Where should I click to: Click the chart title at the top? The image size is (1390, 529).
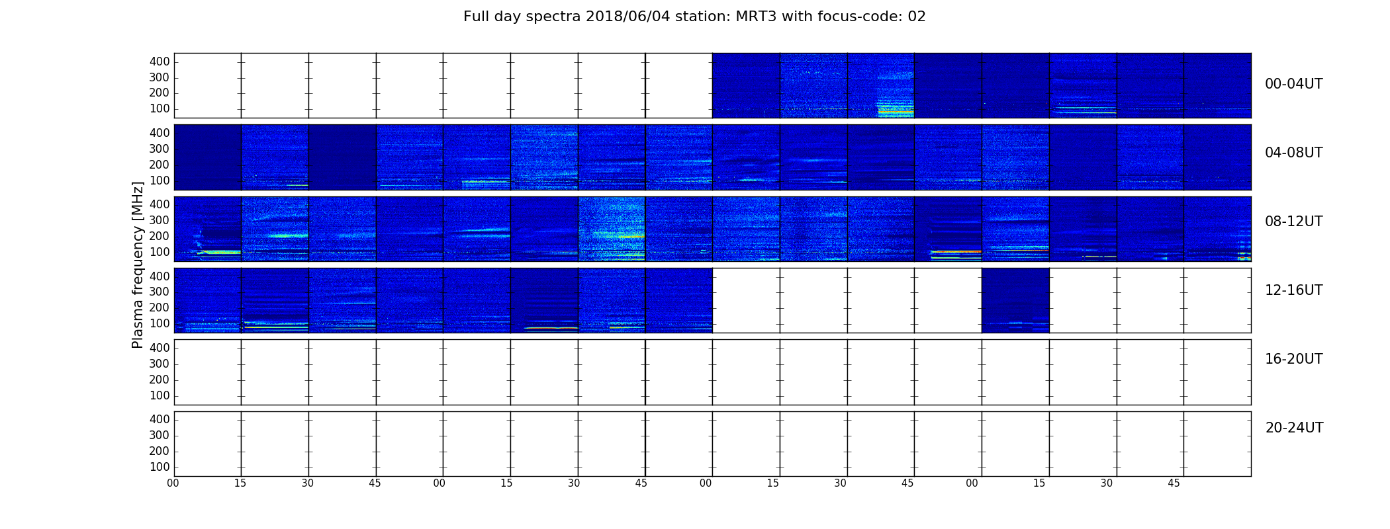[694, 17]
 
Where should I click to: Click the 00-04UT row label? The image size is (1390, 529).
[1293, 84]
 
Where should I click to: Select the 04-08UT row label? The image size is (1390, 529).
[1293, 153]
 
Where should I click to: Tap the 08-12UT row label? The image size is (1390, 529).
[1293, 222]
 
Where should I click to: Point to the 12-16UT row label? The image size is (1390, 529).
[1293, 290]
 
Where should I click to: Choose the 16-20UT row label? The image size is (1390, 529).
[1293, 359]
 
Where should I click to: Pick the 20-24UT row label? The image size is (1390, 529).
[1294, 428]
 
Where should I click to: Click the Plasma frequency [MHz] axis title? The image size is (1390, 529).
[138, 264]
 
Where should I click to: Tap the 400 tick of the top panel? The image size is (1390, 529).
[160, 61]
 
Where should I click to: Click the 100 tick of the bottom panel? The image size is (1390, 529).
[160, 467]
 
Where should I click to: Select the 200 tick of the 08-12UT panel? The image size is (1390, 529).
[160, 236]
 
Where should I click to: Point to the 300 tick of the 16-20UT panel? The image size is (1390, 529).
[160, 364]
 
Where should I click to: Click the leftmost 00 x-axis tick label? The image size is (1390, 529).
[173, 483]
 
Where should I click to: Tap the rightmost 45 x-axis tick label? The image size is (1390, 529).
[1174, 483]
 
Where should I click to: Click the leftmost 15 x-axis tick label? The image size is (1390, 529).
[240, 483]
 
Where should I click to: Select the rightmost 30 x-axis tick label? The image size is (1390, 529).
[1107, 483]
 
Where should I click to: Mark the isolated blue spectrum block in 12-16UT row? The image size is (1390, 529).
[1015, 300]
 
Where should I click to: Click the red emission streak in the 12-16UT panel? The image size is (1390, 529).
[551, 328]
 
